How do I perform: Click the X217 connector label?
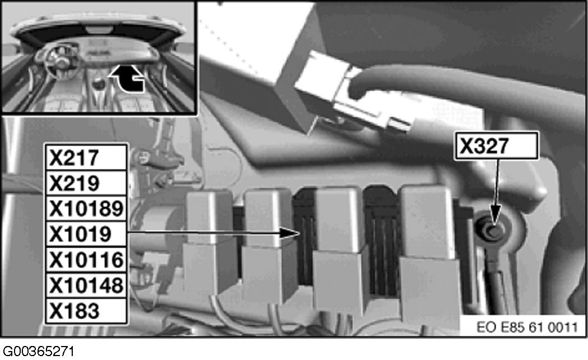[74, 158]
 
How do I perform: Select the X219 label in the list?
[74, 184]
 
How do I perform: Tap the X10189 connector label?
[86, 209]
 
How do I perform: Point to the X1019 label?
[80, 235]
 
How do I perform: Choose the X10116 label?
[86, 260]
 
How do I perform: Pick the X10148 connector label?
[86, 286]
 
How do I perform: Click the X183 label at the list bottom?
[74, 311]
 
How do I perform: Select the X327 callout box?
[496, 146]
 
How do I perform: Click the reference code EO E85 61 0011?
[528, 327]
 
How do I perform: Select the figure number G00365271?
[39, 352]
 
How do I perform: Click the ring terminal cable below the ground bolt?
[494, 278]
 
